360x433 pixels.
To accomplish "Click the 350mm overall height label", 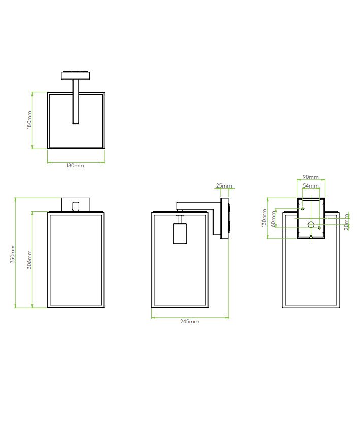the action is coord(12,254).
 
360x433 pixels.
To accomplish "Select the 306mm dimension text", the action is coord(29,259).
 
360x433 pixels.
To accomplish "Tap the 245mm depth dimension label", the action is coord(189,321).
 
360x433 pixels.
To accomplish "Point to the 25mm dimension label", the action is coord(224,185).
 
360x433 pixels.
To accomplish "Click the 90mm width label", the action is coord(310,177).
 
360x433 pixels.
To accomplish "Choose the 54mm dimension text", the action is coord(311,185).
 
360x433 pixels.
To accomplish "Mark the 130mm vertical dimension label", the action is coord(264,218).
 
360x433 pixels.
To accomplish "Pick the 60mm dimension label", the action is coord(273,219).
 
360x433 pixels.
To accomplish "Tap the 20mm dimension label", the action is coord(347,222).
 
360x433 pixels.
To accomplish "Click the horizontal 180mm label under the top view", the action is coord(75,165).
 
